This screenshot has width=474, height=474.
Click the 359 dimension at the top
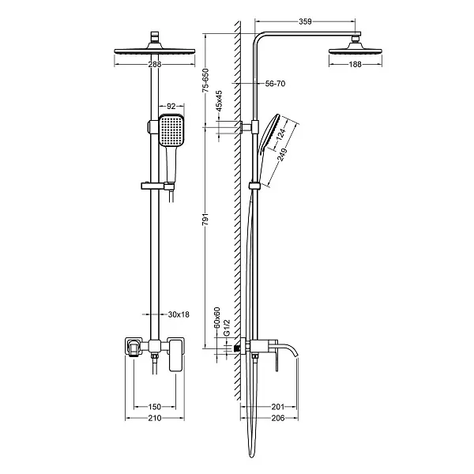[x=305, y=21]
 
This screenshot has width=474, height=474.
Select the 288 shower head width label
[x=155, y=64]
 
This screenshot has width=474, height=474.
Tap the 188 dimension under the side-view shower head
[x=355, y=64]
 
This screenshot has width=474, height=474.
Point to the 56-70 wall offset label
[x=275, y=84]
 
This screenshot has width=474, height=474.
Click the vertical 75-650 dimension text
[x=205, y=81]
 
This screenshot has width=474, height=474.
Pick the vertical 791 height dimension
[x=205, y=219]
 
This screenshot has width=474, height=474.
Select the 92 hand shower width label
[x=171, y=106]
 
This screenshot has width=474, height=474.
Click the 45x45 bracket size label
[x=220, y=100]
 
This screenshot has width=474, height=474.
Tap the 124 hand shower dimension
[x=280, y=134]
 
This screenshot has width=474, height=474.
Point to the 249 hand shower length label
[x=282, y=155]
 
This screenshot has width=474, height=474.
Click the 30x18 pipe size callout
[x=179, y=314]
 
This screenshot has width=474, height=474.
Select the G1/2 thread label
[x=227, y=327]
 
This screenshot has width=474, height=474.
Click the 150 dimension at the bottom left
[x=155, y=407]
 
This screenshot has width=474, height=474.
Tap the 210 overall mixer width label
[x=155, y=418]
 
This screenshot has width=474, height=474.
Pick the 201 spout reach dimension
[x=278, y=407]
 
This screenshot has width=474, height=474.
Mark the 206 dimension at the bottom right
[x=278, y=418]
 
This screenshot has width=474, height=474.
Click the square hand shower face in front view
[x=171, y=130]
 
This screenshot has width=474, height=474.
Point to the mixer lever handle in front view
[x=176, y=355]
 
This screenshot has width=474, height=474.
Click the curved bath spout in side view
[x=288, y=348]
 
